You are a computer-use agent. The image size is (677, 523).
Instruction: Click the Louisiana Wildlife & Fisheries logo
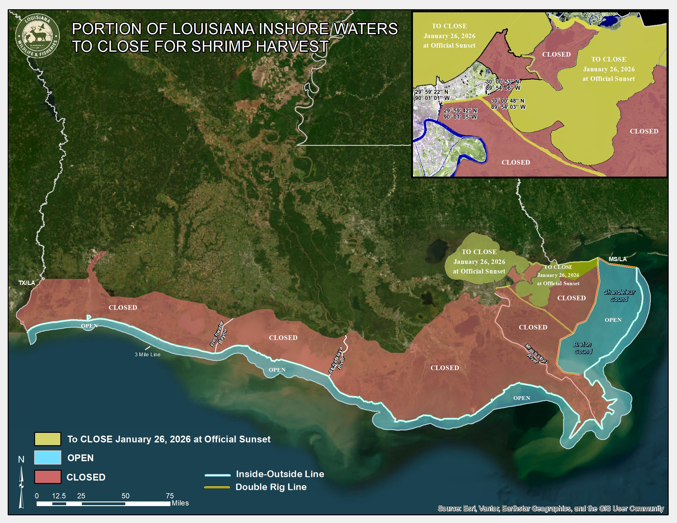[x=38, y=36]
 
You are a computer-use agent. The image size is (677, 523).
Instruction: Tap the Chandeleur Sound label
[x=619, y=296]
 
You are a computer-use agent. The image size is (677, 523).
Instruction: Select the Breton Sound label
[x=583, y=348]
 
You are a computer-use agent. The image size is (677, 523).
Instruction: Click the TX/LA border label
[x=27, y=283]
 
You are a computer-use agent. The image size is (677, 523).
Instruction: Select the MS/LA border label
[x=618, y=259]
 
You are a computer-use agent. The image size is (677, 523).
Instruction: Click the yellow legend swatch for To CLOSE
[x=48, y=439]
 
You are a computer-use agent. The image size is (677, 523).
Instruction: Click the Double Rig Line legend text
[x=271, y=487]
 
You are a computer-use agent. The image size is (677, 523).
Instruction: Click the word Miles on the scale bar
[x=180, y=503]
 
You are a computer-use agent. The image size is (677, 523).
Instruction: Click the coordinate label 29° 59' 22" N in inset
[x=431, y=92]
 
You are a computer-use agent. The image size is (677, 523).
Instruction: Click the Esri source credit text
[x=551, y=509]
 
